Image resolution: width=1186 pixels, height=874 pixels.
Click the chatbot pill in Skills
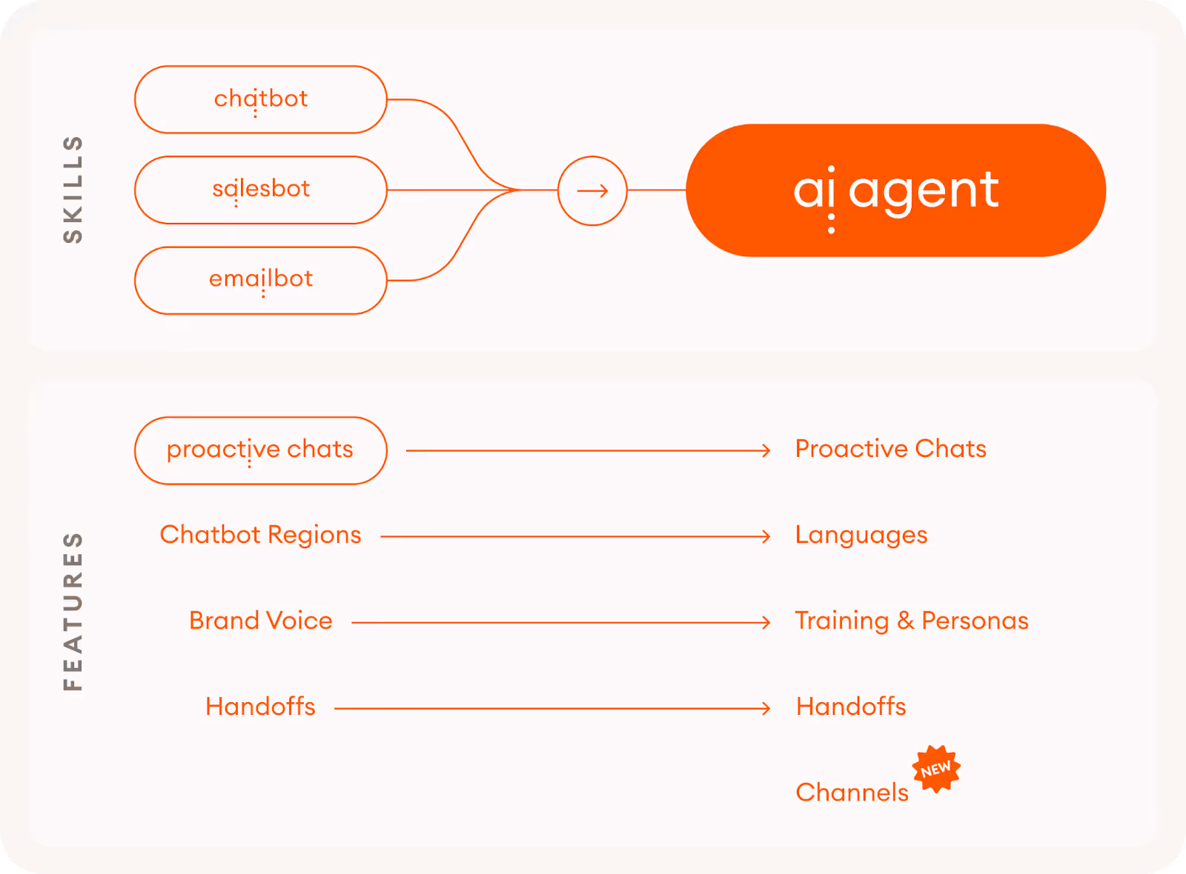[261, 99]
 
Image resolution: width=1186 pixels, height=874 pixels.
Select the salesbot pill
[261, 190]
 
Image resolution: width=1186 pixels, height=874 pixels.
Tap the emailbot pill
[261, 280]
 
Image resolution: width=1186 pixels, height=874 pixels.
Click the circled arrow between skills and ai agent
[592, 191]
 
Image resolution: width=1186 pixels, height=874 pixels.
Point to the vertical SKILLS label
[73, 190]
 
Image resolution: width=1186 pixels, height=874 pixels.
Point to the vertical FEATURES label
[73, 612]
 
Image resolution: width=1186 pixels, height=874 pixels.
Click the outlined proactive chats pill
[261, 450]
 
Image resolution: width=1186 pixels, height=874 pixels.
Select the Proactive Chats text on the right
[890, 449]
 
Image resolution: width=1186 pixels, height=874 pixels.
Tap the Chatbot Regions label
[261, 535]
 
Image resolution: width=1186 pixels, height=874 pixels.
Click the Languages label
[861, 535]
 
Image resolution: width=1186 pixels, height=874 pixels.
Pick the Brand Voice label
[261, 621]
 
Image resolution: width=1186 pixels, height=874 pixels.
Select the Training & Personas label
[912, 621]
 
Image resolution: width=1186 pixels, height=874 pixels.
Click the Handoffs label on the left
[261, 707]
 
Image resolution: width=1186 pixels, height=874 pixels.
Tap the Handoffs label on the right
[851, 707]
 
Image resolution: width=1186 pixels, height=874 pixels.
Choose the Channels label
[852, 793]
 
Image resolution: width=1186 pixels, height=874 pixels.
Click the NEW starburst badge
[936, 770]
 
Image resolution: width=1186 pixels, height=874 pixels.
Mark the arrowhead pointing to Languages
[766, 536]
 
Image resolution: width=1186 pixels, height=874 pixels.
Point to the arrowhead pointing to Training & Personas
[766, 623]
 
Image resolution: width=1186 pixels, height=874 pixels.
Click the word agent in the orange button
[924, 191]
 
